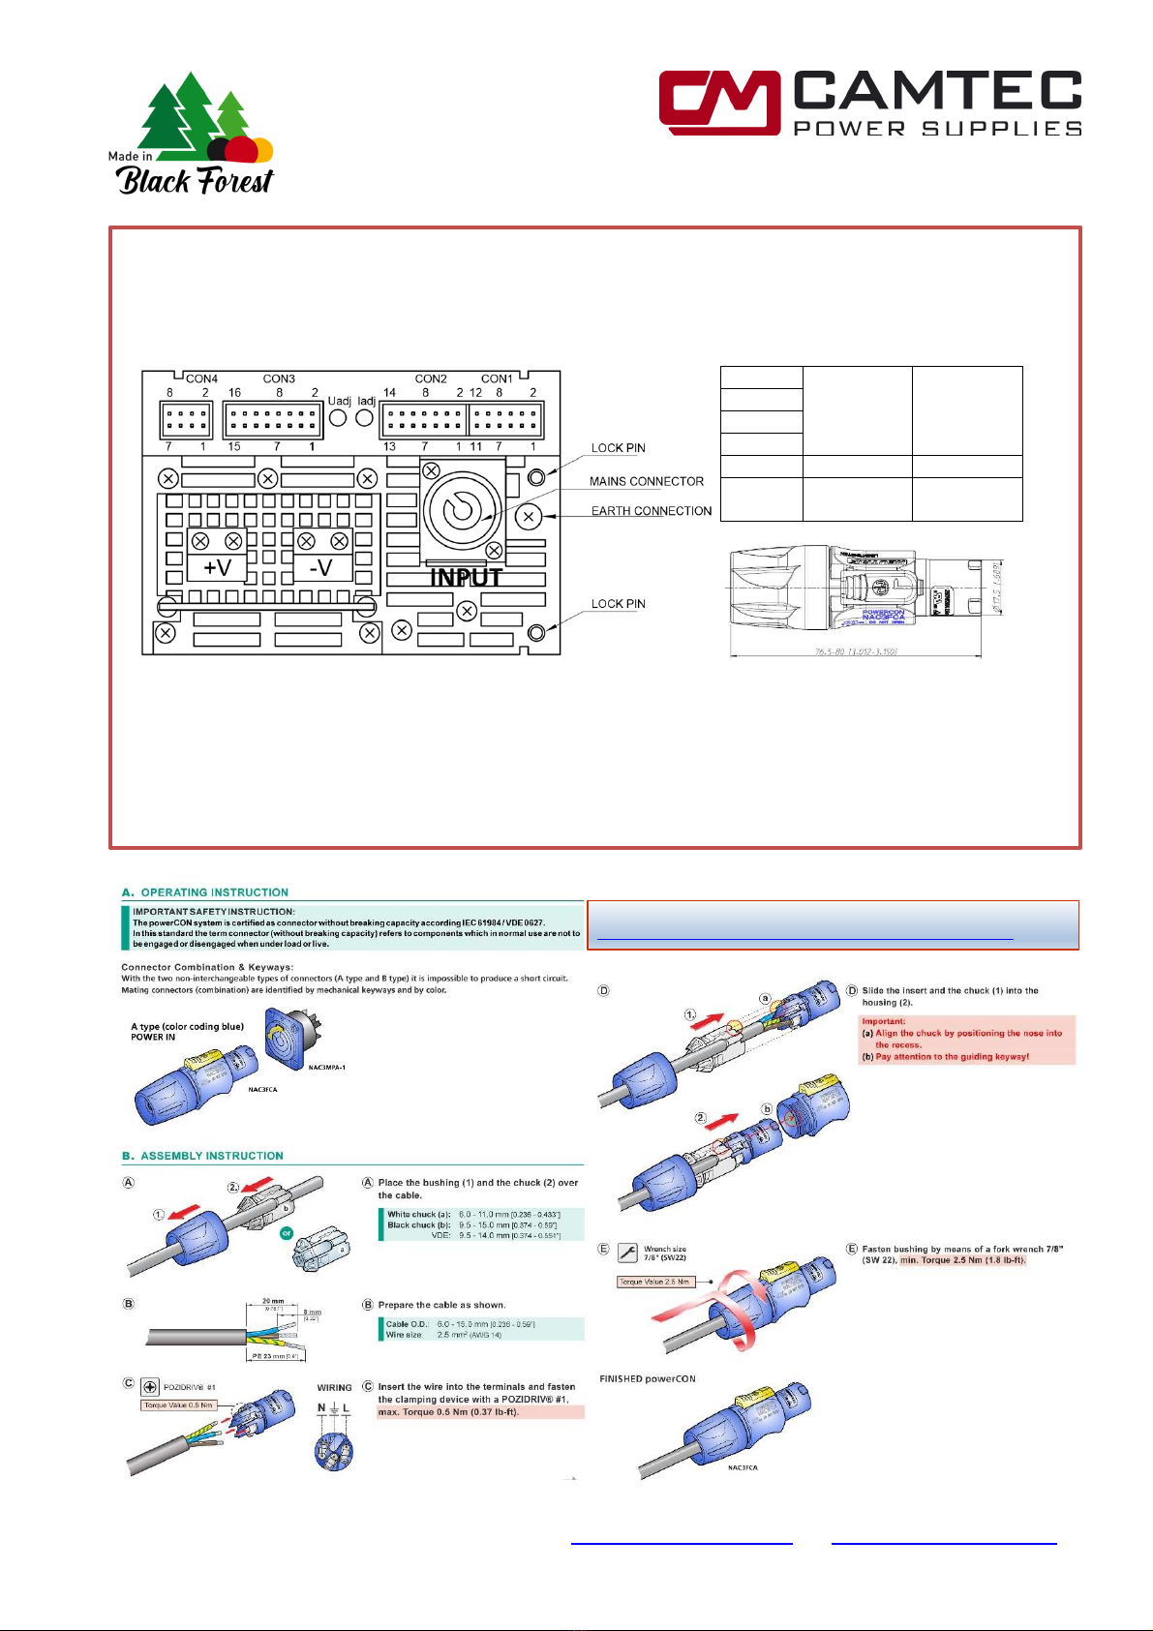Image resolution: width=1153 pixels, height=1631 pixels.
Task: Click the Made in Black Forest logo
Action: coord(191,135)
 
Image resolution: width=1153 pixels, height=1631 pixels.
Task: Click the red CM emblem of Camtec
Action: coord(718,102)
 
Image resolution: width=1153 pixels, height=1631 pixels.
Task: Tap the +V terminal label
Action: coord(217,567)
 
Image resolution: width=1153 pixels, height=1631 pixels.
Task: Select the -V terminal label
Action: coord(320,567)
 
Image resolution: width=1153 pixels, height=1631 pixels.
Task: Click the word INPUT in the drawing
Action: coord(467,578)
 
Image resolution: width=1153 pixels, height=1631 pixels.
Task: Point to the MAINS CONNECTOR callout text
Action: coord(646,481)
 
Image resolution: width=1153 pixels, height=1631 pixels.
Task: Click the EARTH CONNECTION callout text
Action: coord(651,511)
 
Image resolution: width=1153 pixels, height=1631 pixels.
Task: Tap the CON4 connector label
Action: coord(201,378)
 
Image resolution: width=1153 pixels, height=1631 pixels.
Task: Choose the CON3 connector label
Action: coord(279,378)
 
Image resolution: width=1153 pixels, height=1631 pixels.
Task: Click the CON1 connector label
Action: coord(497,378)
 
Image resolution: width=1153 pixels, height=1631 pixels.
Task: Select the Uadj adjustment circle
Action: coord(339,418)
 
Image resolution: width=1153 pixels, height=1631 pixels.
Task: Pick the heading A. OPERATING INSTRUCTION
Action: coord(205,892)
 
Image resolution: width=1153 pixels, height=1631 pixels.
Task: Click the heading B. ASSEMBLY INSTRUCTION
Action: coord(202,1156)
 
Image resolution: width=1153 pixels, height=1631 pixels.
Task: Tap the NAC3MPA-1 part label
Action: coord(326,1068)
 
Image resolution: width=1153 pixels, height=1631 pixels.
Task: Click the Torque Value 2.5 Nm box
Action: coord(655,1282)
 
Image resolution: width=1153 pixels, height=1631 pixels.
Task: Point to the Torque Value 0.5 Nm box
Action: coord(179,1405)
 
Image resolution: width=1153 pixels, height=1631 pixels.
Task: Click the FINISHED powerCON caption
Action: coord(647,1379)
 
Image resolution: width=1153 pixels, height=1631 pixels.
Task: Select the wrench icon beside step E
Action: coord(626,1253)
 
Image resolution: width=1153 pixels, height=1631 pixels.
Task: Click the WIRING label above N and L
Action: coord(334,1388)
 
